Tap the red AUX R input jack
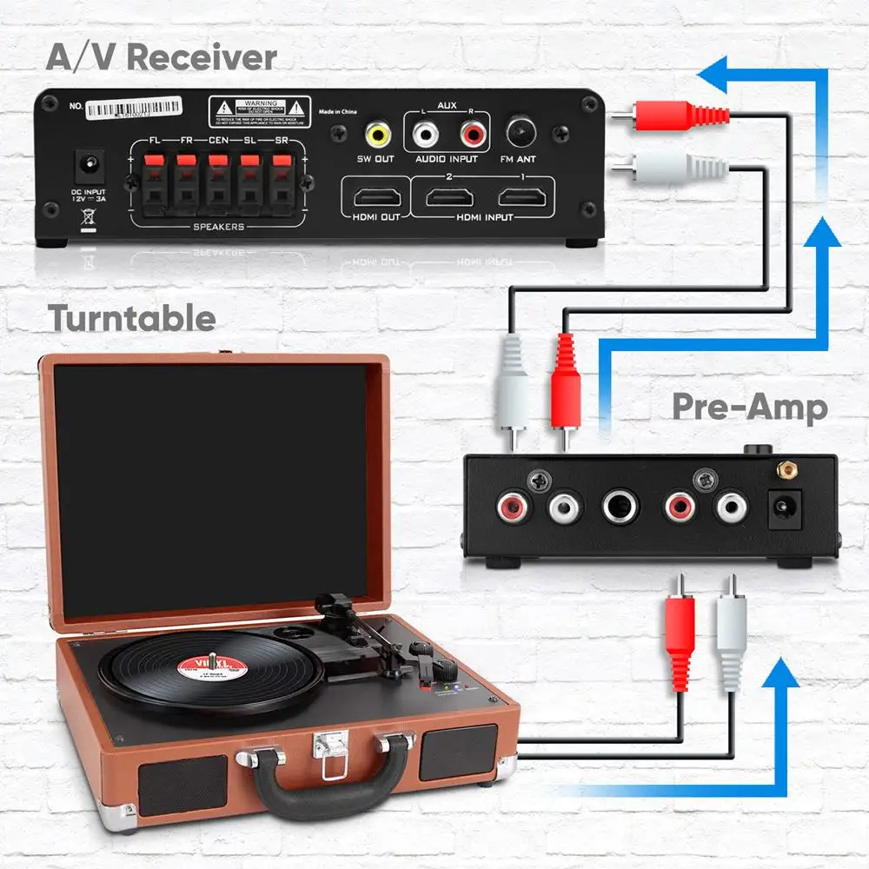coord(471,134)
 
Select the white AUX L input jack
coord(425,134)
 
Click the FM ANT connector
coord(521,133)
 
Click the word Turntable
coord(132,318)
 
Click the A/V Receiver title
coord(161,57)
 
